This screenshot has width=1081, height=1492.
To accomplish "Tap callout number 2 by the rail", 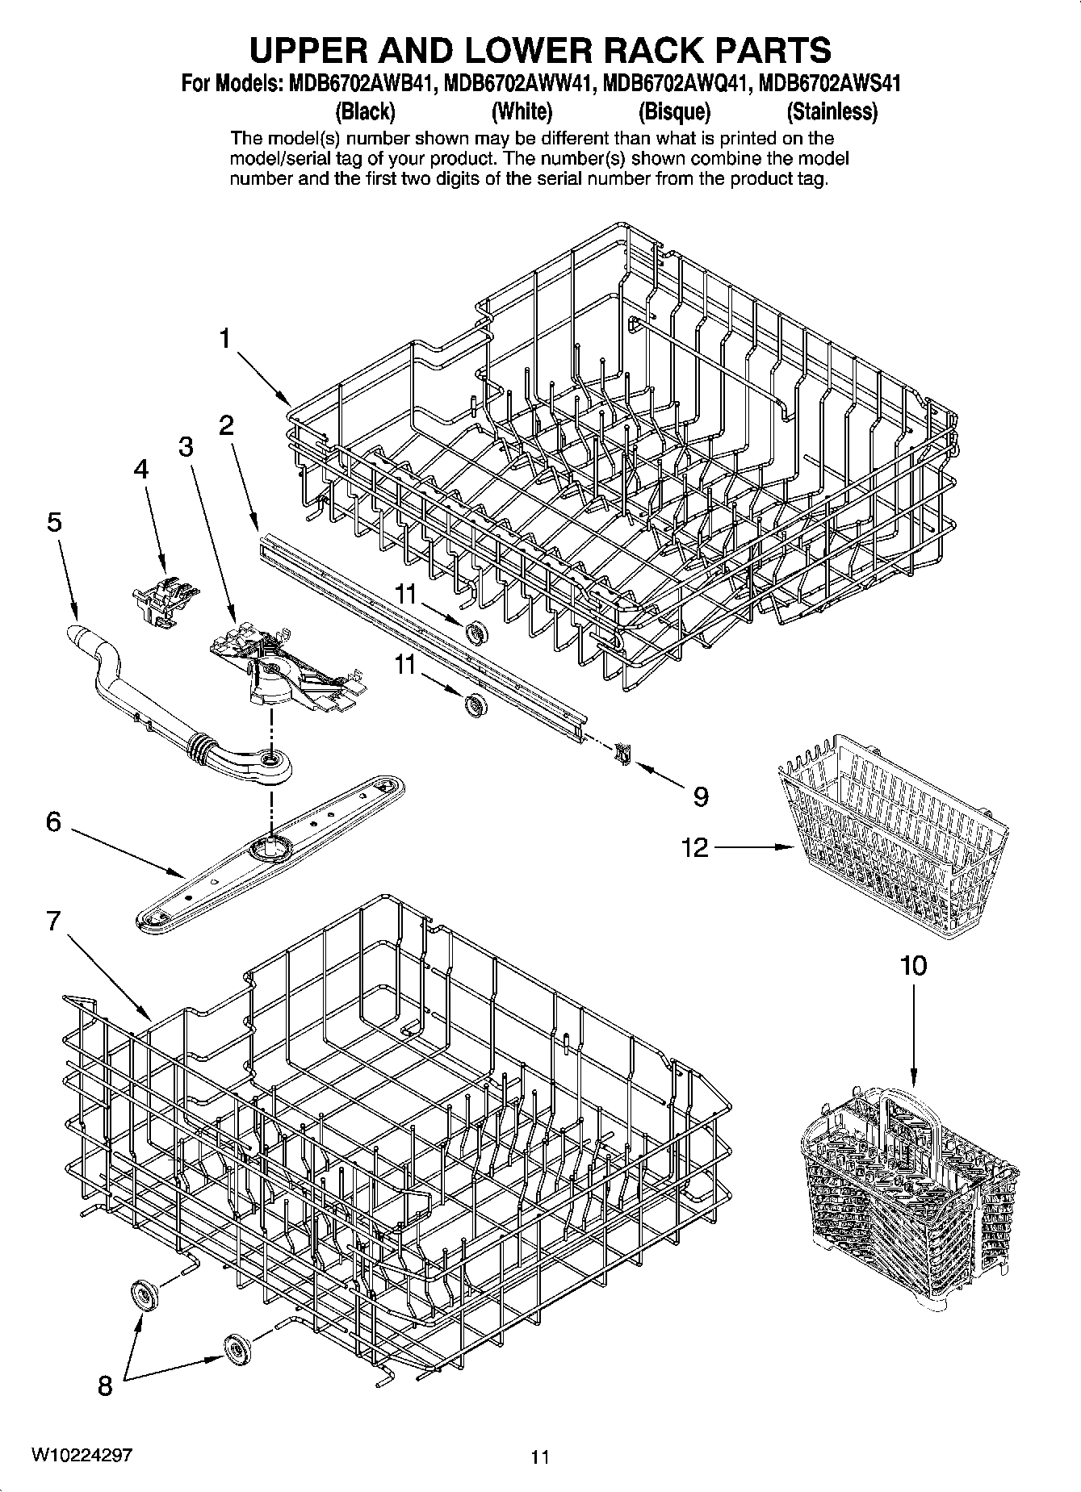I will pos(226,425).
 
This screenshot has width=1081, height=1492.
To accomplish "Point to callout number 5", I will pos(53,522).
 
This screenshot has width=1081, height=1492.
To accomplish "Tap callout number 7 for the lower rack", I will pos(53,920).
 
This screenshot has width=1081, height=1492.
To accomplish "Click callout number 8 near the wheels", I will pos(105,1386).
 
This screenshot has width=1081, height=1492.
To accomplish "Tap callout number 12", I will pos(694,847).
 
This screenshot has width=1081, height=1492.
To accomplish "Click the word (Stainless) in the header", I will pos(832,111).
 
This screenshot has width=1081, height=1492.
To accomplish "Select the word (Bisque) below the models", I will pos(674,111).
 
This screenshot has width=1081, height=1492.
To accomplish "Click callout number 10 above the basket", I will pos(913,965).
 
